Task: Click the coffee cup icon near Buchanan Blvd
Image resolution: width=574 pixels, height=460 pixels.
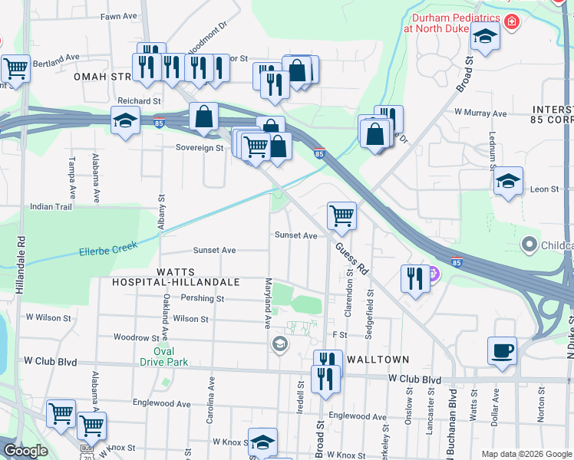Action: coord(502,350)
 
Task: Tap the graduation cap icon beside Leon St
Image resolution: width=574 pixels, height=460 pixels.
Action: coord(508,182)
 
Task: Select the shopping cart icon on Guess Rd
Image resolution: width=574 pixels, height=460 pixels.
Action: coord(341,215)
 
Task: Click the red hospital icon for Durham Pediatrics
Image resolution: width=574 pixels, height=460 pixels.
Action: coord(510,22)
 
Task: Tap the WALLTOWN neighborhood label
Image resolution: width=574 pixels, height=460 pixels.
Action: coord(378,359)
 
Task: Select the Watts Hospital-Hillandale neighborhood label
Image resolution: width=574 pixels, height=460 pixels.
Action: coord(176,277)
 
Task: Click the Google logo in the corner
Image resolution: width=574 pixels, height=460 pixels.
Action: coord(25,451)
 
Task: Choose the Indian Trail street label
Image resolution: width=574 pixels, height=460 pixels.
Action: coord(51,206)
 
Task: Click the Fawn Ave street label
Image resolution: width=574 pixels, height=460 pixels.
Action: coord(118,15)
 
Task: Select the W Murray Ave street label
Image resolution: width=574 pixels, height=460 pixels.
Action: coord(480,113)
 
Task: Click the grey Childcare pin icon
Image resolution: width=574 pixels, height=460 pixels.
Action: coord(528,245)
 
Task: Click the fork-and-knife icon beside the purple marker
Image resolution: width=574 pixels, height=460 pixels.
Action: coord(415,278)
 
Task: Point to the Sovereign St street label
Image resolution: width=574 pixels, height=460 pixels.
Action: coord(199,147)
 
